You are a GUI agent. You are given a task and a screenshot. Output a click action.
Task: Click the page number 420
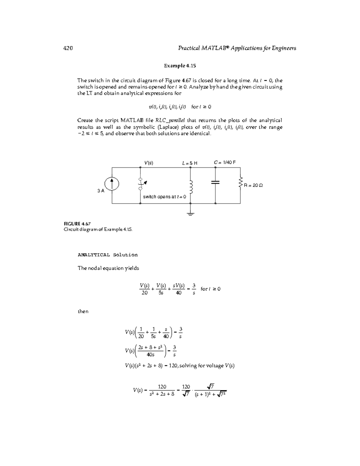click(x=68, y=48)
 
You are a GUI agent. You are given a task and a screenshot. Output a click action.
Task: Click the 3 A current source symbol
click(x=112, y=184)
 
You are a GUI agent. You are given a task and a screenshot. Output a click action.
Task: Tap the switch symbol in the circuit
click(x=141, y=184)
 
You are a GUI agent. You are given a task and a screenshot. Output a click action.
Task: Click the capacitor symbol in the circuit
click(x=215, y=182)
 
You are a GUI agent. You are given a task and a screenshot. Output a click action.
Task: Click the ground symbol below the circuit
click(x=190, y=214)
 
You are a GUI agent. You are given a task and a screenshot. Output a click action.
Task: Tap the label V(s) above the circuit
click(x=148, y=163)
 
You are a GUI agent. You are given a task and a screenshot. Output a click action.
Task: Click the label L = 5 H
click(x=190, y=163)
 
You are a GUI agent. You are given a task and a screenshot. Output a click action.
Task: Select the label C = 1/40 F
click(x=225, y=162)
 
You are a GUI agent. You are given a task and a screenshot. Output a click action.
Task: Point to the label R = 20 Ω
click(x=253, y=185)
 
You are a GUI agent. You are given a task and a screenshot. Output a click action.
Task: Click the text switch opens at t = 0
click(x=164, y=197)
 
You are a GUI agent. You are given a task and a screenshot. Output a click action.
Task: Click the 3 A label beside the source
click(x=101, y=191)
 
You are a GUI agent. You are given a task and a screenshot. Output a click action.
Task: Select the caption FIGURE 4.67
click(x=77, y=224)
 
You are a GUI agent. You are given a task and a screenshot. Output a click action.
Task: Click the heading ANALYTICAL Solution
click(x=107, y=255)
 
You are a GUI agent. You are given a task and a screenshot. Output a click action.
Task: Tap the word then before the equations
click(x=83, y=311)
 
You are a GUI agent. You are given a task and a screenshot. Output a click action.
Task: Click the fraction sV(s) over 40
click(x=178, y=289)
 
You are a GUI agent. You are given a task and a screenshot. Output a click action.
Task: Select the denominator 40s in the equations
click(x=150, y=355)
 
